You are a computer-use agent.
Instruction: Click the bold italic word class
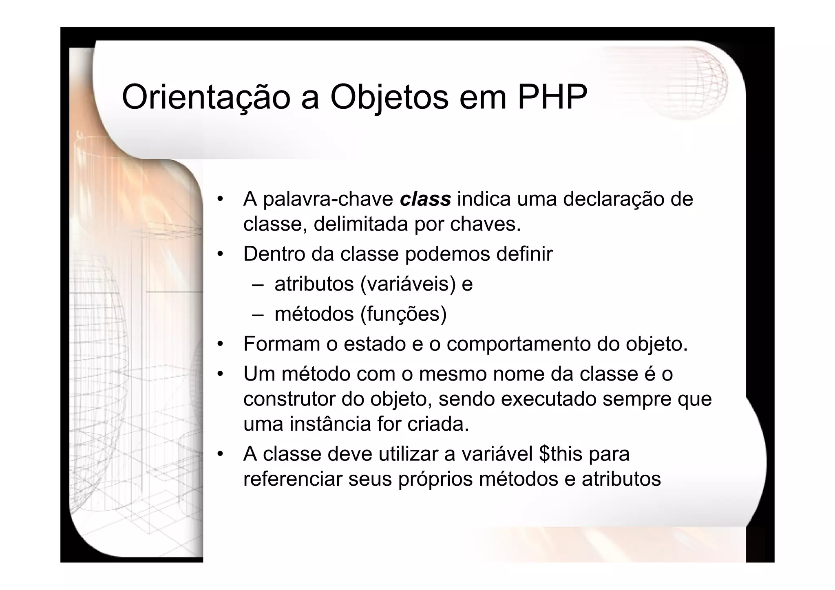425,199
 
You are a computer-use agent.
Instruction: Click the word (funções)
404,314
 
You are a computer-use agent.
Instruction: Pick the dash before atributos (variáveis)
258,284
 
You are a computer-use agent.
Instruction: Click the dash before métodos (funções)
258,314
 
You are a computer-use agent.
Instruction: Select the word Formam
281,344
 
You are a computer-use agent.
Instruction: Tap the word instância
330,424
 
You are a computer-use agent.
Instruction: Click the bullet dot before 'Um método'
220,374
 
